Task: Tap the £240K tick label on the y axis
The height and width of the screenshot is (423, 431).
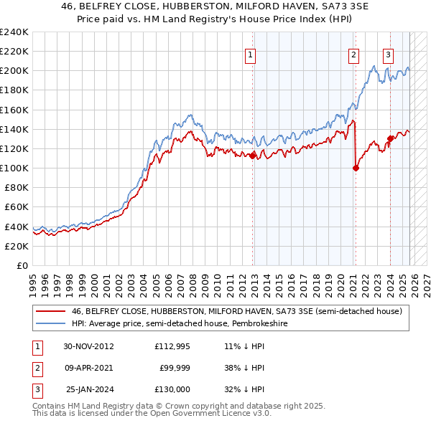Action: [14, 32]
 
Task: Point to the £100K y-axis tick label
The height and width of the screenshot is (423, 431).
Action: [14, 168]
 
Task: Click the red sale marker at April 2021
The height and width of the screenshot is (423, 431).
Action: [356, 168]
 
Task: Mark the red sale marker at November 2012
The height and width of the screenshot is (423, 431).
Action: [253, 156]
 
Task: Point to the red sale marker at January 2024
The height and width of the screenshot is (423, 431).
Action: [390, 138]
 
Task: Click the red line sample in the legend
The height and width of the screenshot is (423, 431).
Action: [50, 311]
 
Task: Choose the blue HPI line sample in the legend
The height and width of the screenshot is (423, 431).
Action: [50, 323]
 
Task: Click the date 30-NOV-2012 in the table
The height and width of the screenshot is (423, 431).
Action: [89, 346]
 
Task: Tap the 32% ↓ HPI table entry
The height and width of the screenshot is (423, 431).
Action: [244, 389]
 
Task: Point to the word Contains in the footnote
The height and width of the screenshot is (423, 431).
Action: [52, 406]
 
